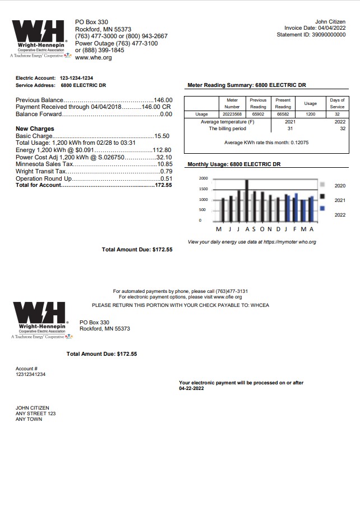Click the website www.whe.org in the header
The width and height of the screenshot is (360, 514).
click(x=93, y=58)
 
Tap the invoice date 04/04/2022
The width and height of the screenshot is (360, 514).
click(x=331, y=28)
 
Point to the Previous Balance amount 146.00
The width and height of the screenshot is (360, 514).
click(x=163, y=99)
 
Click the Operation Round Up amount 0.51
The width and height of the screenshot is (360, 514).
click(x=166, y=178)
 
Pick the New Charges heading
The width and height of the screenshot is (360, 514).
click(x=35, y=129)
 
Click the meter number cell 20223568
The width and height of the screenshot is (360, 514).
click(x=232, y=114)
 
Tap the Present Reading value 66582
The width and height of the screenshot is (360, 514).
click(x=283, y=114)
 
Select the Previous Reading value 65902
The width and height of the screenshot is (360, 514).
click(x=258, y=114)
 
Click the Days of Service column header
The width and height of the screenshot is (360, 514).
click(x=337, y=103)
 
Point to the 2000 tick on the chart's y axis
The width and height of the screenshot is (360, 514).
click(x=203, y=178)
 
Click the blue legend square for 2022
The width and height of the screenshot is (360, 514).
click(x=322, y=208)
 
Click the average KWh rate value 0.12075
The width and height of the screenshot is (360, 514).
click(x=299, y=143)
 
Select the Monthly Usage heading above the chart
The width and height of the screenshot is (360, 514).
click(x=233, y=164)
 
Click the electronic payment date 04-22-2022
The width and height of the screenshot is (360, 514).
click(x=191, y=388)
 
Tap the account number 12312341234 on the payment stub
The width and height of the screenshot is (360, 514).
click(x=31, y=374)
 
